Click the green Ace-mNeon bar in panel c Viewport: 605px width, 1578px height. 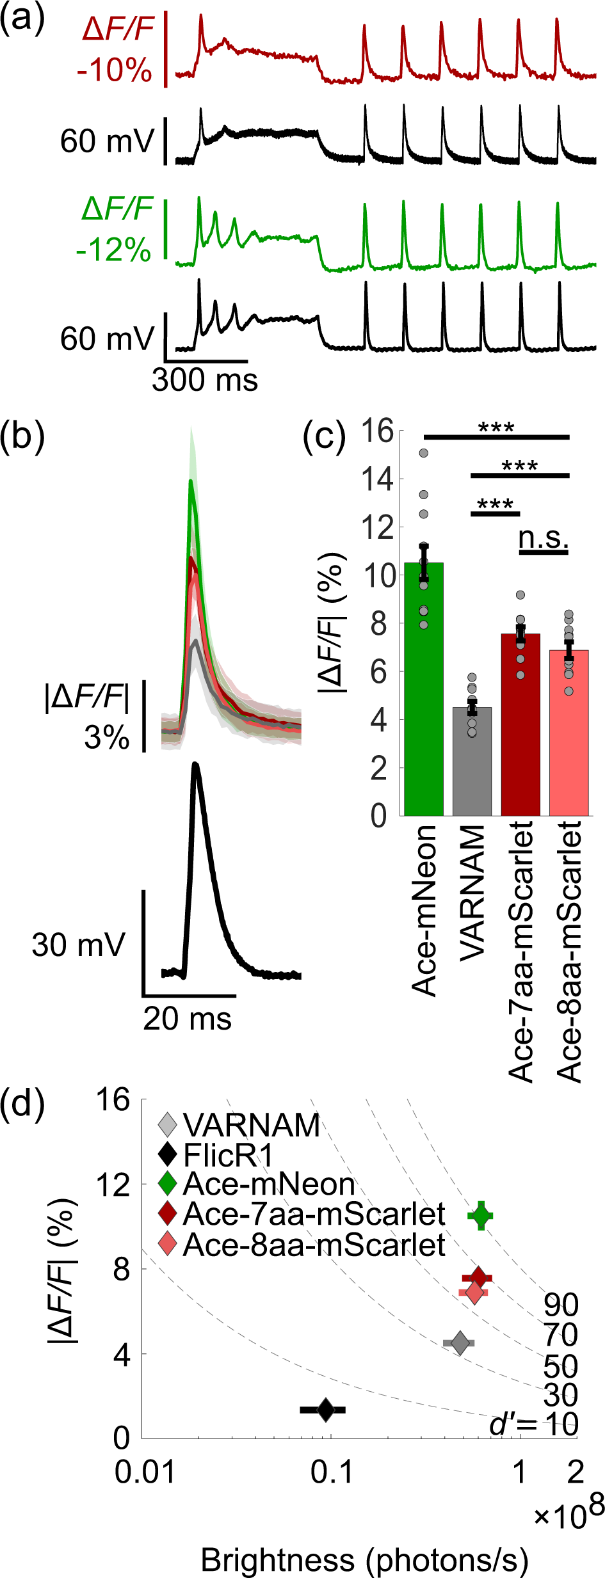[x=423, y=691]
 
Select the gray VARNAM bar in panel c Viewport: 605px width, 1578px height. [x=472, y=761]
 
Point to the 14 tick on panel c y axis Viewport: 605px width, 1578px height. [x=377, y=479]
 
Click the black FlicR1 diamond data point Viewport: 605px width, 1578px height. [x=325, y=1409]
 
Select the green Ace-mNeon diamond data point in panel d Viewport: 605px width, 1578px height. [x=481, y=1216]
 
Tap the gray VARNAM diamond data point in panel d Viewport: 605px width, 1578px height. [x=459, y=1343]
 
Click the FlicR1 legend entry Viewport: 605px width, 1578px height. [x=227, y=1155]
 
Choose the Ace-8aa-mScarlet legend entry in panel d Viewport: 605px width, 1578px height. [x=313, y=1245]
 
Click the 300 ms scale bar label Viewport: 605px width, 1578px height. [x=205, y=380]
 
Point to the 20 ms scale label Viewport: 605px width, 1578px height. [x=187, y=1018]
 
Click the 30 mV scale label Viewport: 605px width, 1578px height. [x=78, y=944]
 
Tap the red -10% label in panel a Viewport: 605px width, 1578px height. [x=114, y=69]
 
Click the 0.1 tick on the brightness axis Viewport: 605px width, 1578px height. [x=331, y=1473]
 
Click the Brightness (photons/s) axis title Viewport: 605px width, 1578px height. [x=364, y=1560]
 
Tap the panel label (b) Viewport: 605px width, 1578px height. [x=22, y=437]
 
